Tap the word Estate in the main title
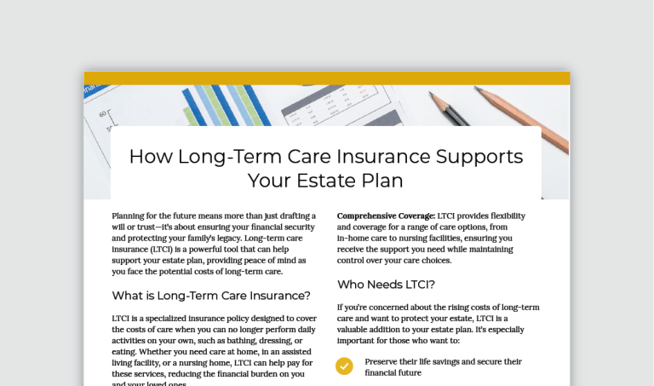tap(324, 181)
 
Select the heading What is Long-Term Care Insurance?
tap(211, 296)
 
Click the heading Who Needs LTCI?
tap(387, 285)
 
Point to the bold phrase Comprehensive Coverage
tap(386, 216)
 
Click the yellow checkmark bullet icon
tap(344, 366)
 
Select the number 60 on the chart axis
tap(103, 113)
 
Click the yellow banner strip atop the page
tap(326, 78)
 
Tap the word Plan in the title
tap(380, 181)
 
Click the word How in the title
tap(146, 157)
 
